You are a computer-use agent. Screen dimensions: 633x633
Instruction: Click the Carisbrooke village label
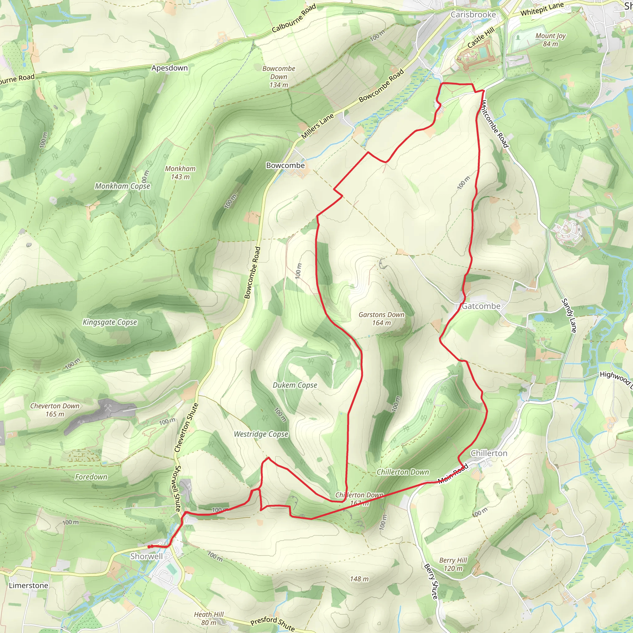pos(473,15)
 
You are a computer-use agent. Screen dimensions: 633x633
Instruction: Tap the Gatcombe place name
pos(481,306)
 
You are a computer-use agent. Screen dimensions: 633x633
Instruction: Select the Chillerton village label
pos(489,453)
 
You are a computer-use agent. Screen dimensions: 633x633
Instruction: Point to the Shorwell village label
pos(147,556)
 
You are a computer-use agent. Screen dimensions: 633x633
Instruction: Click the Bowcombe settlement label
pos(285,165)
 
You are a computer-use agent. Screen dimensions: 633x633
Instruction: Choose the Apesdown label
pos(169,68)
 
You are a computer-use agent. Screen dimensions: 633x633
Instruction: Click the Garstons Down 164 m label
pos(381,318)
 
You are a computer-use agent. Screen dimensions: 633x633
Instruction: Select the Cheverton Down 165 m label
pos(55,410)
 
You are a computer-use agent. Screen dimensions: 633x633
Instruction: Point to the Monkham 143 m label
pos(180,173)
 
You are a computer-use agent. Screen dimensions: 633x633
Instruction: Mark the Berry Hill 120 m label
pos(453,564)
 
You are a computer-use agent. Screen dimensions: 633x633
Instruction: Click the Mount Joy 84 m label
pos(550,40)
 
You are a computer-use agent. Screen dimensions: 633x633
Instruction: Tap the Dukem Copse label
pos(295,385)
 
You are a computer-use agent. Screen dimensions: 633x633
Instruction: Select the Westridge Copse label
pos(261,435)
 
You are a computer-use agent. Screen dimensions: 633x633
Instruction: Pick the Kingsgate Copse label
pos(110,322)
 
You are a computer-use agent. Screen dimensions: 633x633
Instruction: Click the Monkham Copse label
pos(122,186)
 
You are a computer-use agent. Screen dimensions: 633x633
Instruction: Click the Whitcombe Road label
pos(495,124)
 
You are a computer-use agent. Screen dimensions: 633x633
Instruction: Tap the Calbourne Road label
pos(294,18)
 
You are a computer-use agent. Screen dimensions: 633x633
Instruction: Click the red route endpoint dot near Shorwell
pos(149,546)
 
